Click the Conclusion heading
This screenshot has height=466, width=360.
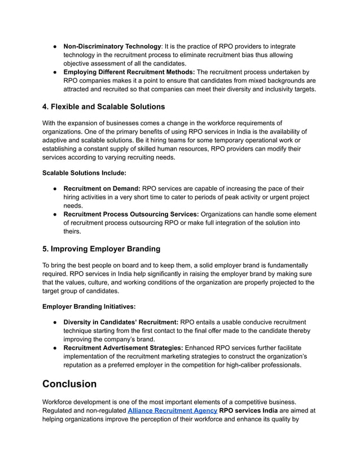click(69, 384)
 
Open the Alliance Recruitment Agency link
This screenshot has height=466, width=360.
click(173, 411)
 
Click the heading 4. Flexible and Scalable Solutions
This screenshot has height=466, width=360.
click(104, 107)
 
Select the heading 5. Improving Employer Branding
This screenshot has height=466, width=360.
click(102, 249)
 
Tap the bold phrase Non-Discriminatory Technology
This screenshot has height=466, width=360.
click(112, 46)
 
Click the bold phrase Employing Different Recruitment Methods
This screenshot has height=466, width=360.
click(129, 72)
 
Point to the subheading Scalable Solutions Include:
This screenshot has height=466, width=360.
click(84, 173)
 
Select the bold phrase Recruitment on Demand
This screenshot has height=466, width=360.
click(102, 188)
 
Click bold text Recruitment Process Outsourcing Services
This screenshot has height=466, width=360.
click(131, 214)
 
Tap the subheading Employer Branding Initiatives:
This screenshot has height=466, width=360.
click(89, 306)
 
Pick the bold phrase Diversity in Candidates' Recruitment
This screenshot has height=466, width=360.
click(121, 322)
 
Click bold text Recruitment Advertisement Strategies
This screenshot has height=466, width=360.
click(123, 348)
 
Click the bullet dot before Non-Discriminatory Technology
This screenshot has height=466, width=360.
click(51, 46)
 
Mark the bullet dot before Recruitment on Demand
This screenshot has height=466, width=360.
click(51, 188)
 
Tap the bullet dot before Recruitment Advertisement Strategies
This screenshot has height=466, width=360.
click(51, 348)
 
